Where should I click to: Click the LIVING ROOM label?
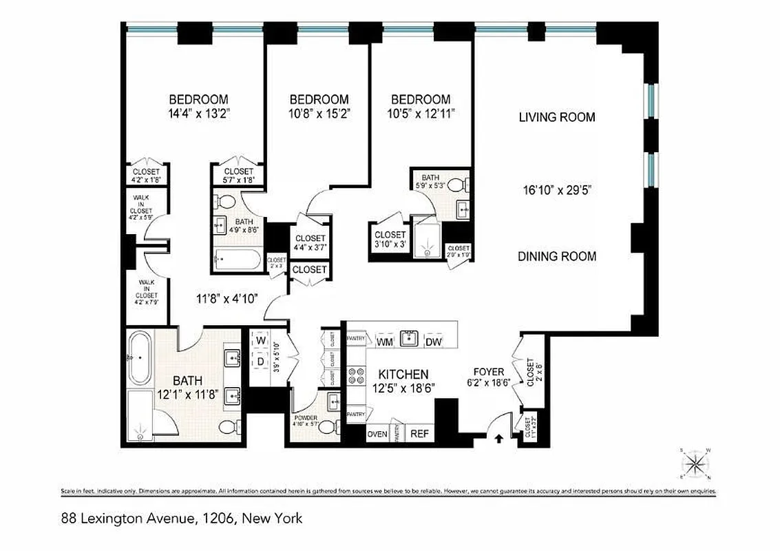coord(557,117)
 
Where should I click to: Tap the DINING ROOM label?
coord(557,256)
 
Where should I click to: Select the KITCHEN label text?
coord(403,374)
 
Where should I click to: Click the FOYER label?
coord(489,373)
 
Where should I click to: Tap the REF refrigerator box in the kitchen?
coord(419,434)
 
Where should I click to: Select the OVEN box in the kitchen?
coord(377,434)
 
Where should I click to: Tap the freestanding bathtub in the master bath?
coord(139,358)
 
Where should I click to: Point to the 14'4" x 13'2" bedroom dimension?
coord(198,115)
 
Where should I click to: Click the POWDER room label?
coord(305,418)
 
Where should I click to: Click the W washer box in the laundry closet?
coord(260,340)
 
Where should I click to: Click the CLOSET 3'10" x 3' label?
coord(390,239)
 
